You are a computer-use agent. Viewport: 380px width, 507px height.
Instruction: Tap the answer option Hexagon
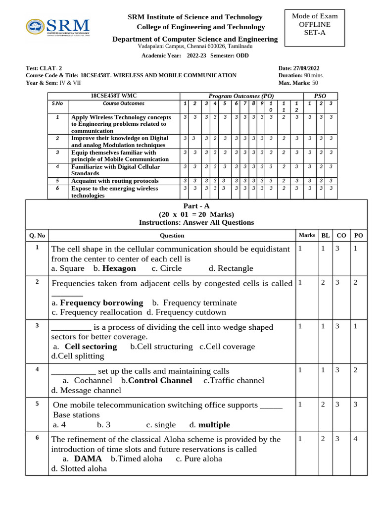(x=119, y=268)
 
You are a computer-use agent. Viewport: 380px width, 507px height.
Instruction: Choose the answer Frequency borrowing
(x=101, y=303)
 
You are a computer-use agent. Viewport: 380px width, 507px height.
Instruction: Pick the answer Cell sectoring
(x=91, y=347)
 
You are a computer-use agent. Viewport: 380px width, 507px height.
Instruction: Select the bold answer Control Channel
(x=160, y=381)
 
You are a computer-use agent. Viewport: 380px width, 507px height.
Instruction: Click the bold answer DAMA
(x=88, y=459)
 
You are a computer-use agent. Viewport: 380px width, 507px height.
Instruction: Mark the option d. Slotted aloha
(x=79, y=468)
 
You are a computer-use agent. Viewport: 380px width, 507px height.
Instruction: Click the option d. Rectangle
(x=231, y=268)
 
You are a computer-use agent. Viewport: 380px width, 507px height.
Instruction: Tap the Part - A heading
(x=196, y=206)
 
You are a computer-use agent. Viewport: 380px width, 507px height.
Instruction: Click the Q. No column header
(x=37, y=236)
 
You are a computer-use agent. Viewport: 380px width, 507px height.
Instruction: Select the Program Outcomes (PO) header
(x=241, y=96)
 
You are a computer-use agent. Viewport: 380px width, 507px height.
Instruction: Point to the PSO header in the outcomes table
(x=320, y=96)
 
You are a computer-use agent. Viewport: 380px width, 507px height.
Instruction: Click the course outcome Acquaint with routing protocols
(x=115, y=181)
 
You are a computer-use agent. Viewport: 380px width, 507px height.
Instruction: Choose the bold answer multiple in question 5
(x=214, y=425)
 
